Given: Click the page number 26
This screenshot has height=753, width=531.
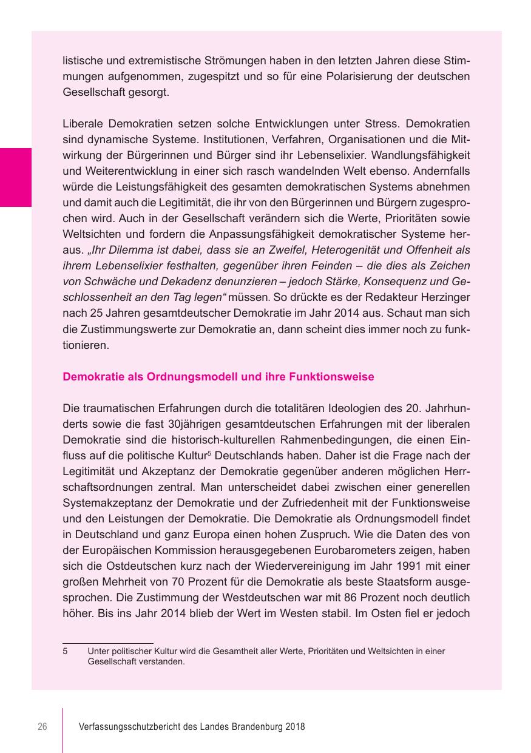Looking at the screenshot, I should pyautogui.click(x=42, y=727).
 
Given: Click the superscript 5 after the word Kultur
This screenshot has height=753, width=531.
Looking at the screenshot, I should pyautogui.click(x=208, y=452).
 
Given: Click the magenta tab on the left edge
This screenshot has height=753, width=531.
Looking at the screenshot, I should pyautogui.click(x=16, y=177).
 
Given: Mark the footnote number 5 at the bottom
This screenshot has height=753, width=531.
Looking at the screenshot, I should pyautogui.click(x=65, y=652).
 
